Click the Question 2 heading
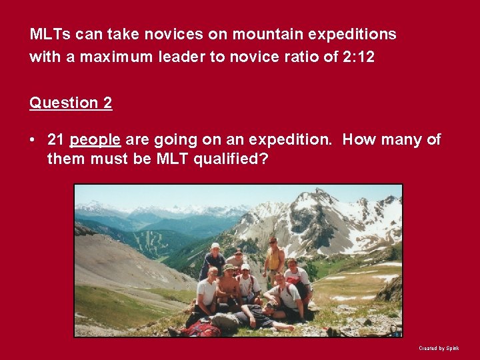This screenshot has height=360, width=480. tap(71, 103)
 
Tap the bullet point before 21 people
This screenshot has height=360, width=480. tap(33, 139)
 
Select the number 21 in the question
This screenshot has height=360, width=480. tap(56, 139)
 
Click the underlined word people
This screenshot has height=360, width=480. tap(95, 140)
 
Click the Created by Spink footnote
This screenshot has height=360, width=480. tap(439, 348)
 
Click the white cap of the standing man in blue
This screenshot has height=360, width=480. tap(215, 246)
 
